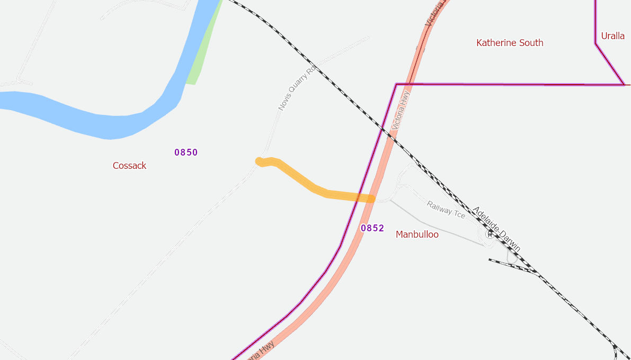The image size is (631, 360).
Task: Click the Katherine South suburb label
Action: (510, 43)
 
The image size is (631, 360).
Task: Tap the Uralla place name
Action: (612, 36)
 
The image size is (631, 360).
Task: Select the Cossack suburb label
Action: (129, 166)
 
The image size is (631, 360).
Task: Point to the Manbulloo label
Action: (417, 235)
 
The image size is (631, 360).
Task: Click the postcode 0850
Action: (186, 152)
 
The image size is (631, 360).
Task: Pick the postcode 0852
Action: (372, 228)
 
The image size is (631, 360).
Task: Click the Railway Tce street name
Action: (446, 210)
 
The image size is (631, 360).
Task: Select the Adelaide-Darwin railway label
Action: (496, 229)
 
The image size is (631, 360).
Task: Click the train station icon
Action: (490, 233)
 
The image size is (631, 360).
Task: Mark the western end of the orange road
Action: (259, 161)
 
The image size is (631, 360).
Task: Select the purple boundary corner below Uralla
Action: (624, 84)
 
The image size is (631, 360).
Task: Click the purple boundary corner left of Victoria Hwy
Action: (396, 84)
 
